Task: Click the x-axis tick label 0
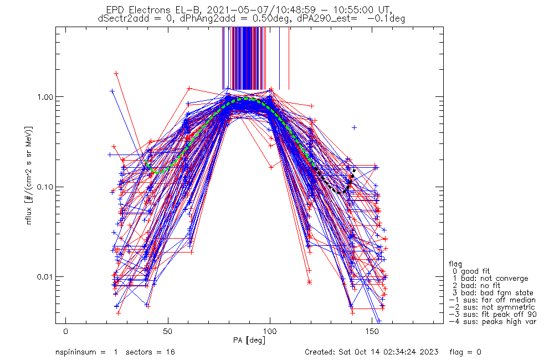pos(66,331)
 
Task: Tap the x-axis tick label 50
pos(168,331)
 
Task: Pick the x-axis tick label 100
pos(270,331)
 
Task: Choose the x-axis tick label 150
pos(372,331)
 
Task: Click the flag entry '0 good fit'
pos(476,271)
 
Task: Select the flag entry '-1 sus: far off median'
pos(492,300)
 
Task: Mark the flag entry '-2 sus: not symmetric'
pos(492,307)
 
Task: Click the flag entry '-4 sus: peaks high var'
pos(492,321)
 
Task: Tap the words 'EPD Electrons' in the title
pos(133,10)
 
